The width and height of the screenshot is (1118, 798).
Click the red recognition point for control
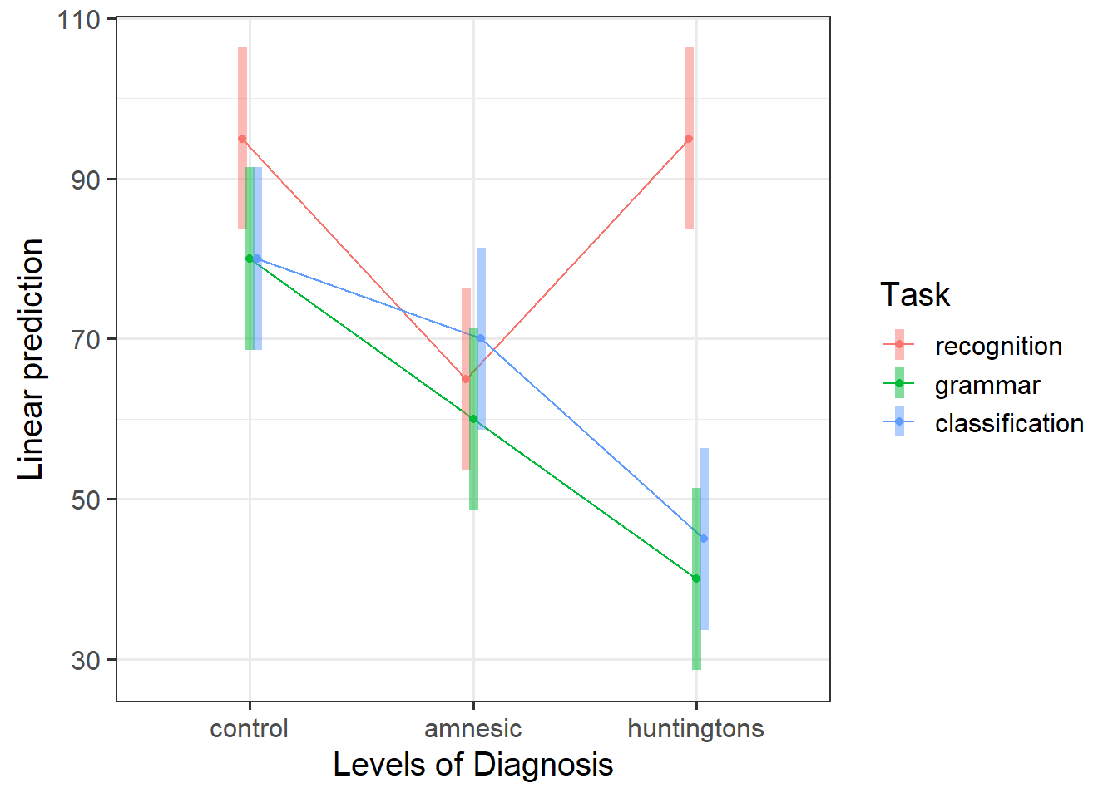click(x=242, y=139)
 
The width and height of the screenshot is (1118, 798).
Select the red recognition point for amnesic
click(x=466, y=379)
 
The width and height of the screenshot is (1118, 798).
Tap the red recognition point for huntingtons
click(x=689, y=139)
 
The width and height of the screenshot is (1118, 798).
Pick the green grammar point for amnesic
click(x=473, y=419)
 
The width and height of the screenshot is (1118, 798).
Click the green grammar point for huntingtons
click(x=696, y=579)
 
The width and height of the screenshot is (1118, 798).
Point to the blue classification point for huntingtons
click(x=704, y=539)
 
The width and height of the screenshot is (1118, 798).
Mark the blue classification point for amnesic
click(x=481, y=339)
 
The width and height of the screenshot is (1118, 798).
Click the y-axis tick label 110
click(x=78, y=19)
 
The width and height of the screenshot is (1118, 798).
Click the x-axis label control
click(x=249, y=729)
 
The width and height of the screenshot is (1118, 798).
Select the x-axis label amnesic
click(x=473, y=729)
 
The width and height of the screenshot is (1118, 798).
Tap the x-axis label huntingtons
click(x=695, y=729)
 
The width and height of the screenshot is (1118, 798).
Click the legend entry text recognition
click(x=998, y=346)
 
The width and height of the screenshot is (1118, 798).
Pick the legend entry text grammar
click(x=987, y=385)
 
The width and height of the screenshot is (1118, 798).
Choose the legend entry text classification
click(x=1009, y=423)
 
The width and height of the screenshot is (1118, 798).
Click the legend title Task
click(x=915, y=295)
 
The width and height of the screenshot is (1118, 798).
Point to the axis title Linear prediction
click(x=31, y=359)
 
